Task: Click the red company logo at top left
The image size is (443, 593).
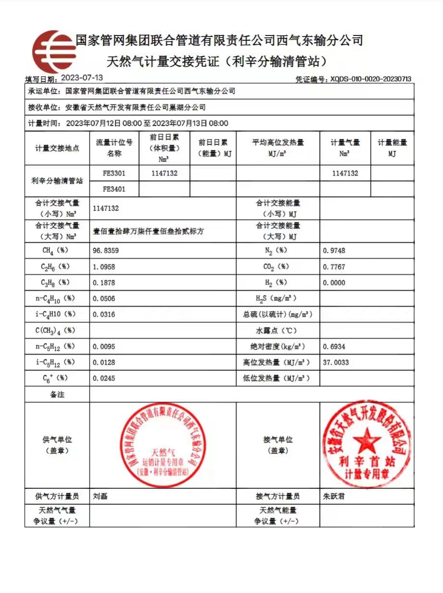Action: (53, 52)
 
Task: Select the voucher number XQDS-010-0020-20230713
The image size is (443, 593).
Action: (370, 79)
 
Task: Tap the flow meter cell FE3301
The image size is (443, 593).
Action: (114, 173)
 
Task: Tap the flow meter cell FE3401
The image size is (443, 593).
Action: (114, 189)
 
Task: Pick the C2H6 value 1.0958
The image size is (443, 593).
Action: (104, 267)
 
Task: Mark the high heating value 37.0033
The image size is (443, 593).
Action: (336, 362)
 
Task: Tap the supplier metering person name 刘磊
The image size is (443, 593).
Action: (100, 497)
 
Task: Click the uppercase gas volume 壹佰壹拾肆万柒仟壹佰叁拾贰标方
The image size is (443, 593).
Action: (148, 231)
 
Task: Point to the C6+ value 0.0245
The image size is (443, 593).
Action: (104, 378)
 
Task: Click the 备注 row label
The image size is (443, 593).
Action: (57, 394)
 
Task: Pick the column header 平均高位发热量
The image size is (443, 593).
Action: (278, 142)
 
